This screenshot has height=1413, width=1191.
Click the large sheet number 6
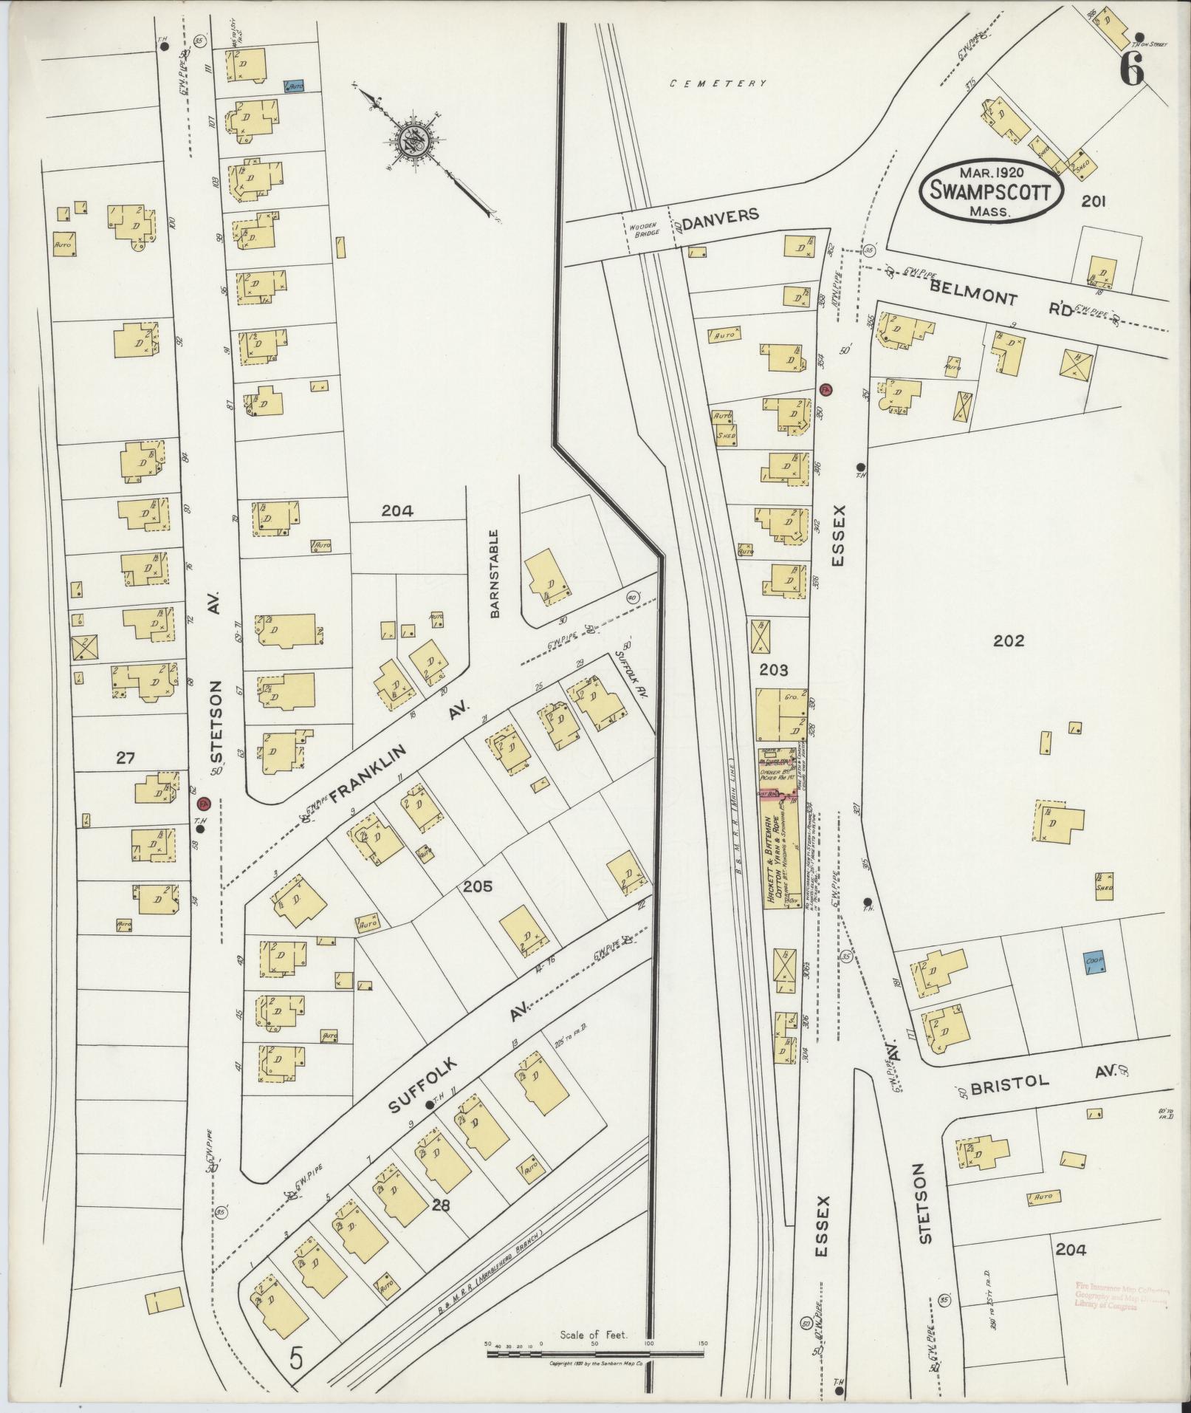(1131, 72)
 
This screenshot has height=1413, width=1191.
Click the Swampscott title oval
(990, 189)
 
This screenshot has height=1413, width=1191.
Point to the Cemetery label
(718, 84)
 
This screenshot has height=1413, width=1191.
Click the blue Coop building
(1094, 962)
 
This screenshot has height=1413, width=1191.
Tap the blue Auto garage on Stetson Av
(295, 86)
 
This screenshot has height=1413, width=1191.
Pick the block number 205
(478, 886)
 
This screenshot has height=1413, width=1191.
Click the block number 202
(1009, 640)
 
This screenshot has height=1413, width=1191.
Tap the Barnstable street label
(495, 573)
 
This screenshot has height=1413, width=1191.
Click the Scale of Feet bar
(594, 1354)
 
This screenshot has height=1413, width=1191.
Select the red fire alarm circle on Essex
(826, 389)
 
